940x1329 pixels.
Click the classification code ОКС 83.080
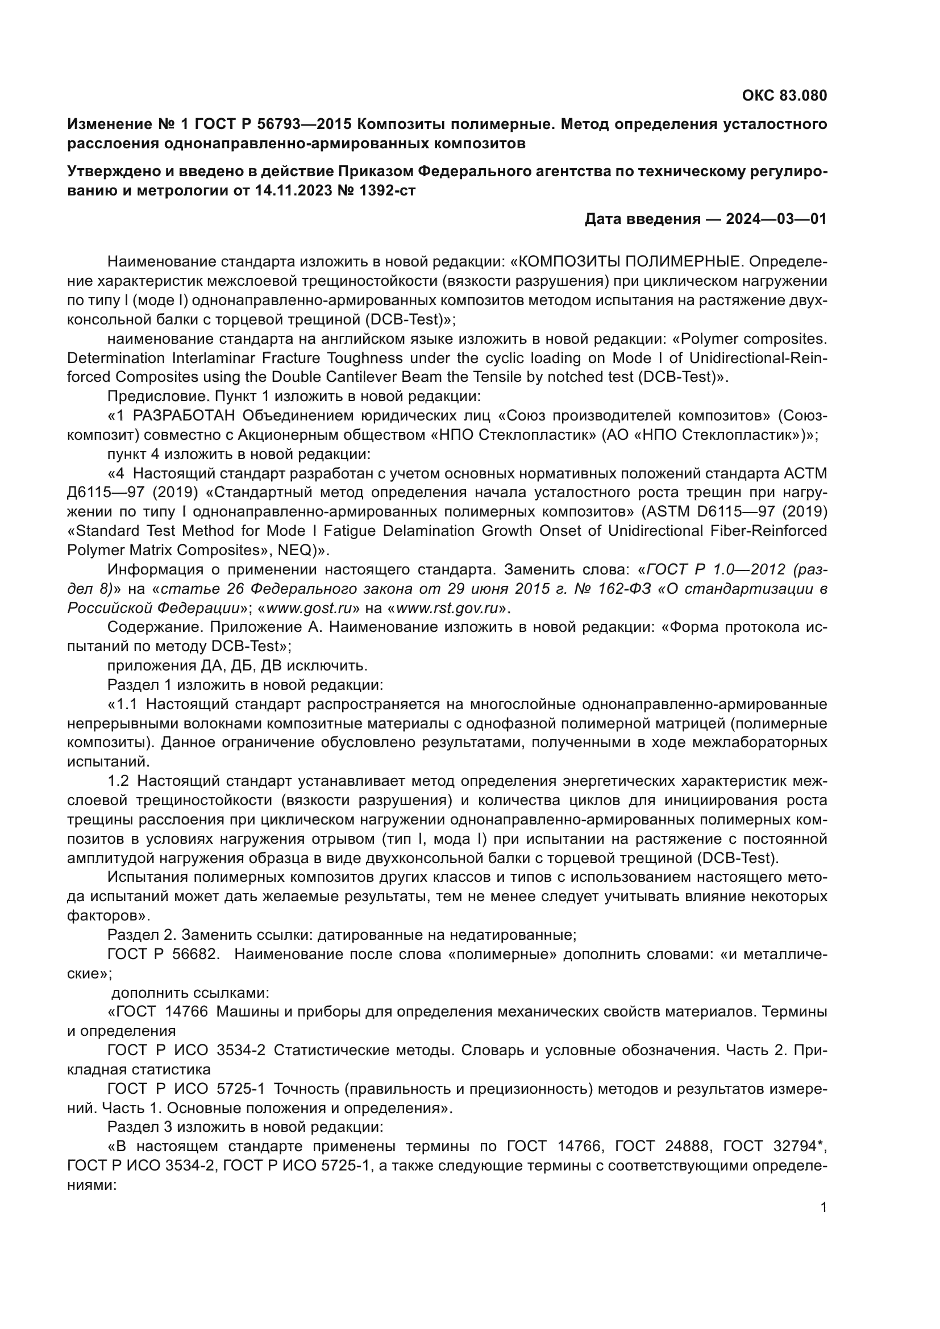tap(784, 95)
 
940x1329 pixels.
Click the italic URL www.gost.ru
tap(314, 609)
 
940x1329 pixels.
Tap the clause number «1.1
tap(122, 705)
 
